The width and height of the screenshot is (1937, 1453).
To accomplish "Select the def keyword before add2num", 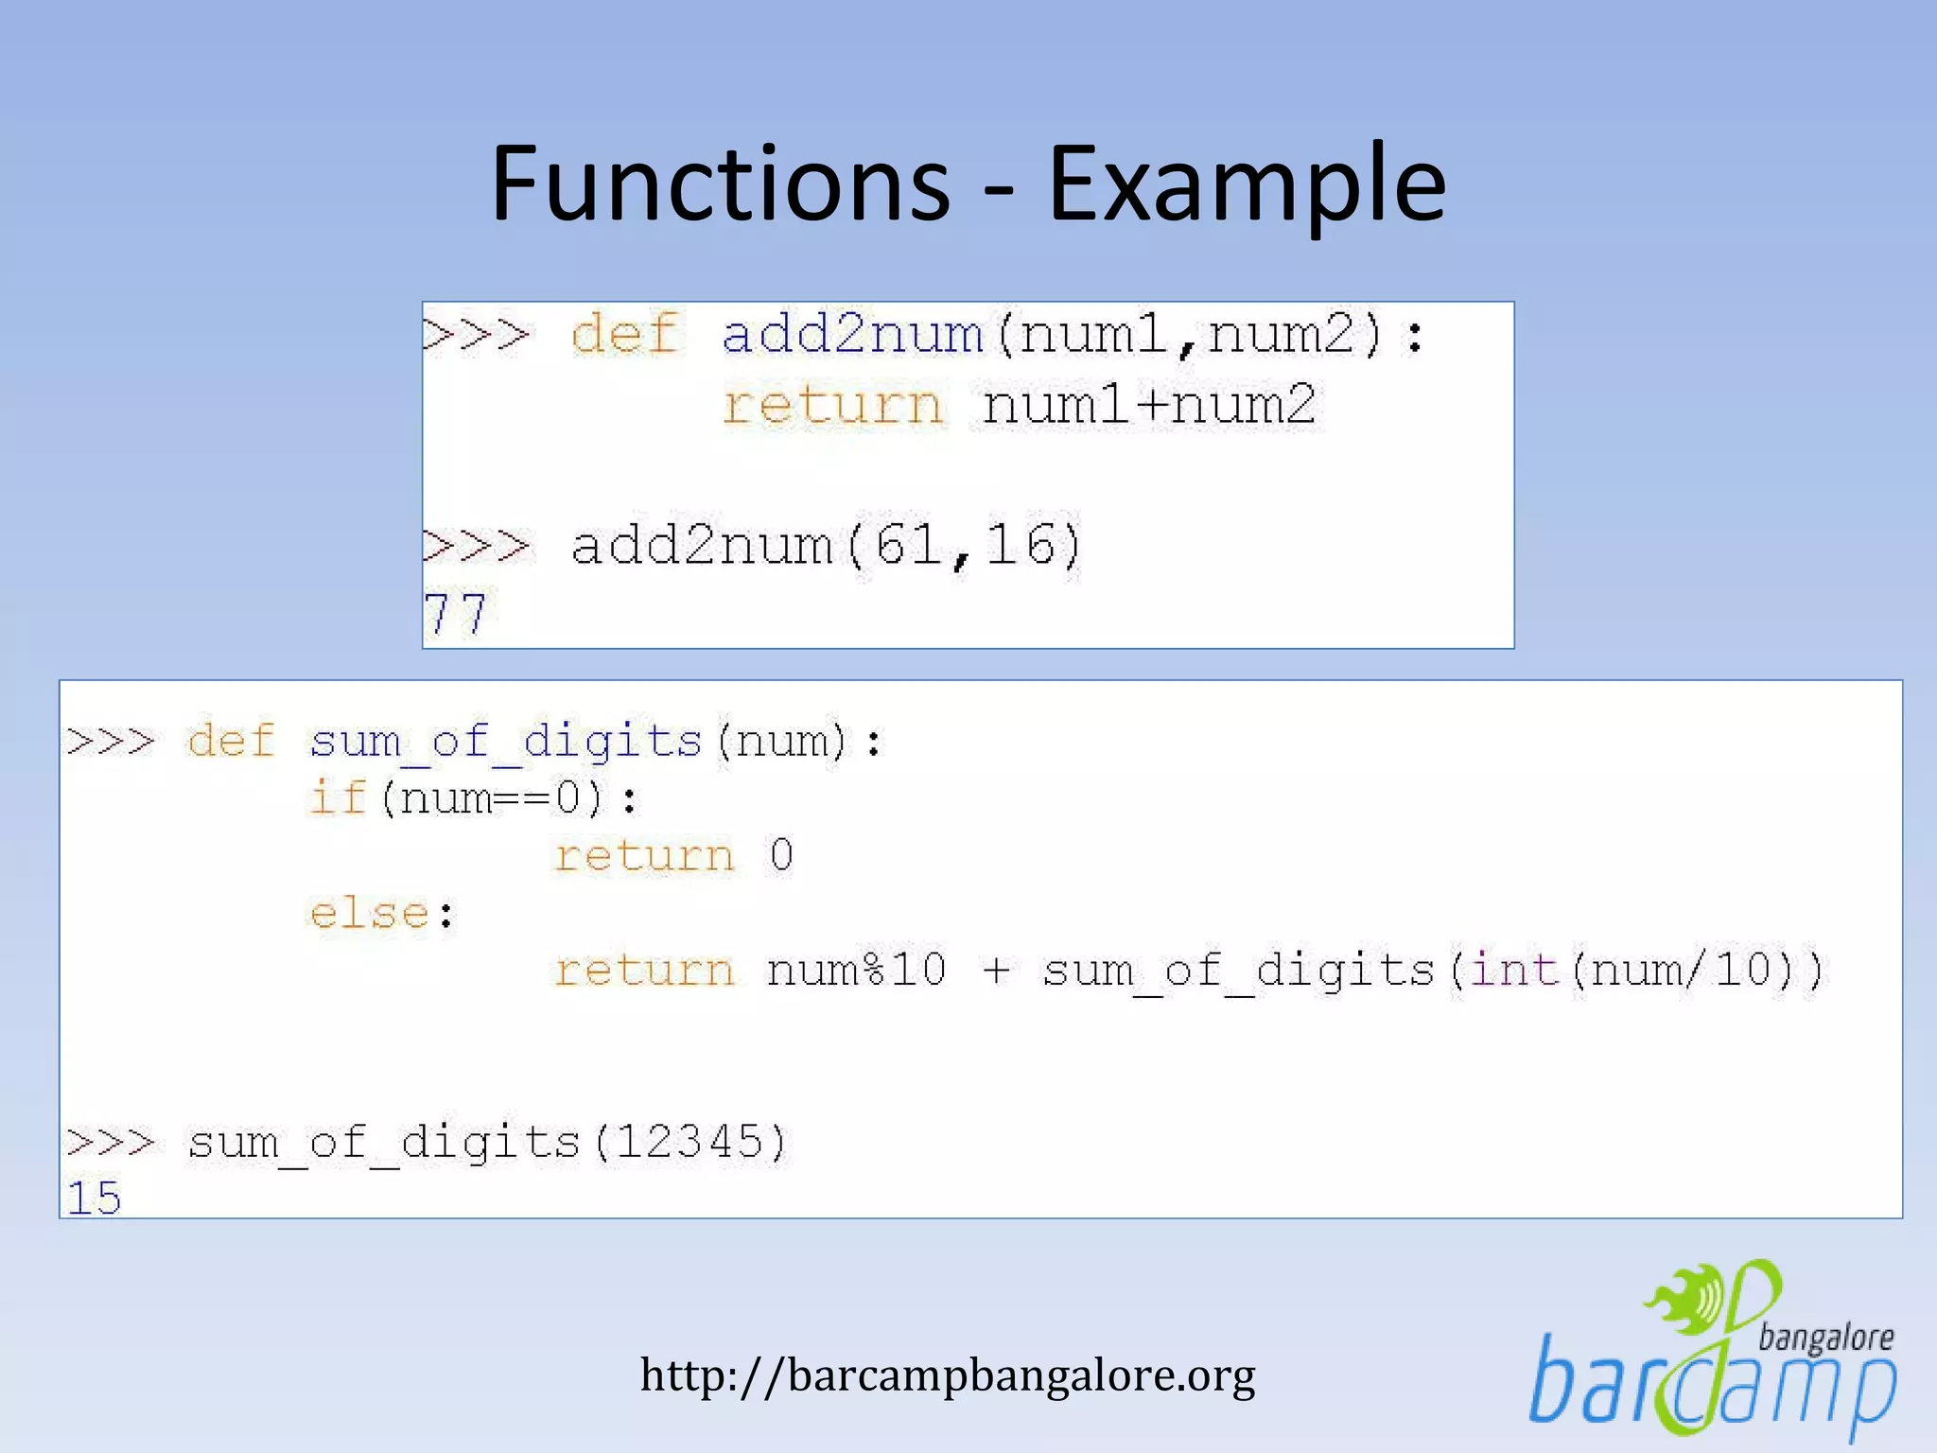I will (x=625, y=335).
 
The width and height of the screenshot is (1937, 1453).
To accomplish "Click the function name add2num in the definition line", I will (x=852, y=335).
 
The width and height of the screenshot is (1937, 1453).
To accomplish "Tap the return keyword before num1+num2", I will (x=833, y=406).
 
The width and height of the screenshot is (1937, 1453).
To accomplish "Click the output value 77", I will (x=455, y=614).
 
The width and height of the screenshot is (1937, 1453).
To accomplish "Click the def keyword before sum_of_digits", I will (x=231, y=741).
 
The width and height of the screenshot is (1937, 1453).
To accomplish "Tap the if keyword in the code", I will (x=337, y=797).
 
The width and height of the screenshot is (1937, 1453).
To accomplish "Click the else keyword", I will (x=370, y=914).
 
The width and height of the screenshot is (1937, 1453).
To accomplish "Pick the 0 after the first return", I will (x=780, y=856).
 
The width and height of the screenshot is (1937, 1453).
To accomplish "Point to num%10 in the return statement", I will (x=856, y=971).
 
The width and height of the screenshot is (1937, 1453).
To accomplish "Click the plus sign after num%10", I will (x=996, y=971).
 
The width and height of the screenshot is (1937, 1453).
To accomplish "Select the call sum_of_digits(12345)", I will (x=486, y=1143).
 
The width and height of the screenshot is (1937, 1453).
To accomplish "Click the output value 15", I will (x=95, y=1199).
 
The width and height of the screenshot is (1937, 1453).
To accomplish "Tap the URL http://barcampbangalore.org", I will (x=948, y=1374).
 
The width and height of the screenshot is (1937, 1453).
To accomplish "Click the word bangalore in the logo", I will (x=1825, y=1338).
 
